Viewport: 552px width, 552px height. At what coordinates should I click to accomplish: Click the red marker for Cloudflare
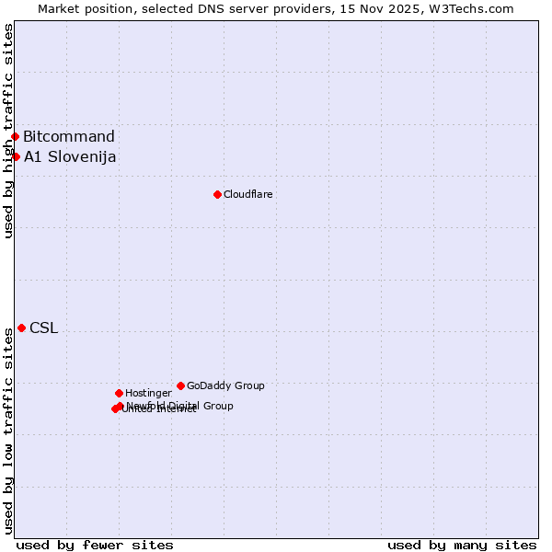[217, 194]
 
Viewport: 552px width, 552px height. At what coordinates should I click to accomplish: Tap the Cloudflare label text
[247, 194]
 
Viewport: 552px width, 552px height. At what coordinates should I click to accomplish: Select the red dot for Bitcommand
[15, 137]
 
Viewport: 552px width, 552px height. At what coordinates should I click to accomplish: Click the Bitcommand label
[69, 137]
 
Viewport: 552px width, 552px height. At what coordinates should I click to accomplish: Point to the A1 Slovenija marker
[16, 156]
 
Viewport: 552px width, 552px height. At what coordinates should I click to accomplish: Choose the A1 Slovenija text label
[70, 156]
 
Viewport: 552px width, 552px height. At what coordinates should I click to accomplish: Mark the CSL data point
[21, 328]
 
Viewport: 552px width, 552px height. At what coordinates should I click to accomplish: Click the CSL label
[43, 328]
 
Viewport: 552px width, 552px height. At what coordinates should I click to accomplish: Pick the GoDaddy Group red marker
[180, 385]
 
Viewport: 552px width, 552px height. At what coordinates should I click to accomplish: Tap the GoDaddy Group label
[225, 385]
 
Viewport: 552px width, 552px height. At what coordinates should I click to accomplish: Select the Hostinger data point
[119, 393]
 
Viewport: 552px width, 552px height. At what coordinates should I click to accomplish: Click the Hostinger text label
[148, 393]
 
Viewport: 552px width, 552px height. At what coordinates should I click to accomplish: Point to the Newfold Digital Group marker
[121, 406]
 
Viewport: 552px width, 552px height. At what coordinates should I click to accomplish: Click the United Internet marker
[115, 408]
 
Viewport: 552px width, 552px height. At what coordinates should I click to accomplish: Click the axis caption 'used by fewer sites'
[95, 545]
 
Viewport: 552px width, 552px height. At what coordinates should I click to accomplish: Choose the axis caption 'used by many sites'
[462, 545]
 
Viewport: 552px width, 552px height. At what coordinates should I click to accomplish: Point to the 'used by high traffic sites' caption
[8, 132]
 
